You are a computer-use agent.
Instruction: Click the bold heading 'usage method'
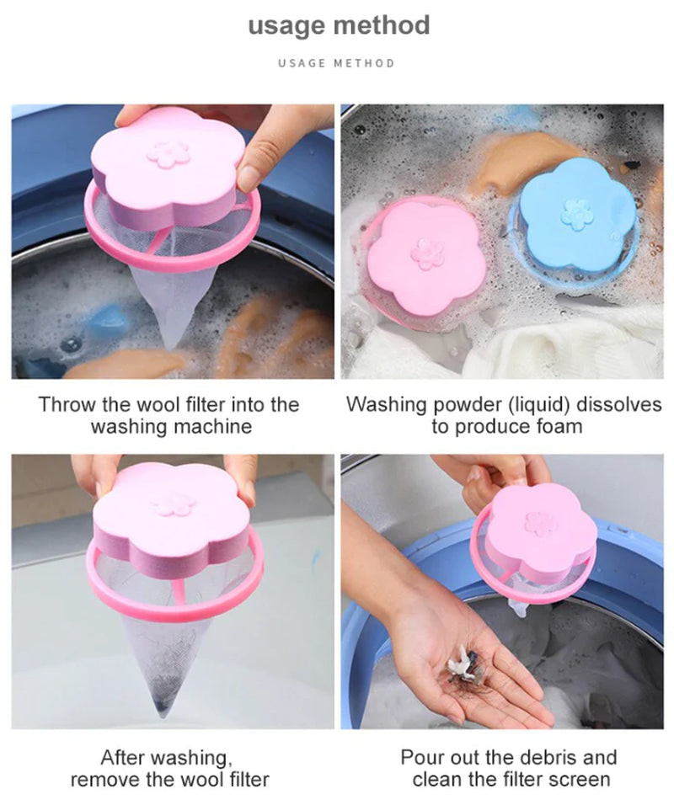pos(339,25)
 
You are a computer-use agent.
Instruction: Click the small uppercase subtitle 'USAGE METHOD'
pos(336,63)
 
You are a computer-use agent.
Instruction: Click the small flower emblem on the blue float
pos(577,213)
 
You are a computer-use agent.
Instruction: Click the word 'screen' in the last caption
pos(578,780)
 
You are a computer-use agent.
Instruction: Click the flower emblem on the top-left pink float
pos(168,153)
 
